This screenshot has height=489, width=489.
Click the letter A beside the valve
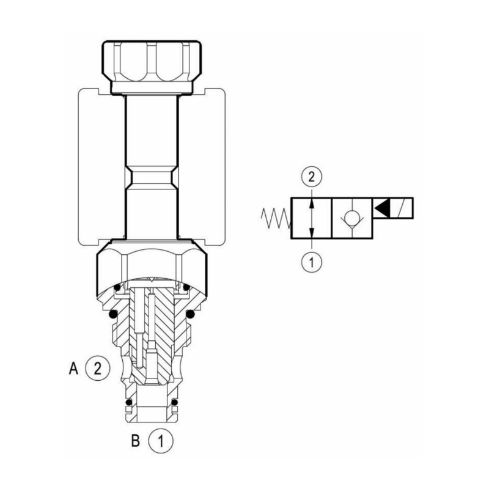click(73, 369)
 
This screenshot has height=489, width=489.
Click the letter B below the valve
click(135, 441)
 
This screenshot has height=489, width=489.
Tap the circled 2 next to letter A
click(98, 369)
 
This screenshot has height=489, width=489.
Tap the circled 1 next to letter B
click(160, 441)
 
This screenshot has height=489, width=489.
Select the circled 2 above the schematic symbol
click(312, 177)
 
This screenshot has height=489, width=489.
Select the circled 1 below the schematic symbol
click(312, 262)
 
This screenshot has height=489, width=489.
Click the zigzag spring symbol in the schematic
click(276, 218)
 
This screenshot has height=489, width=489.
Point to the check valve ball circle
click(352, 217)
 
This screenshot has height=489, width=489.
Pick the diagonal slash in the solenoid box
click(401, 208)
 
